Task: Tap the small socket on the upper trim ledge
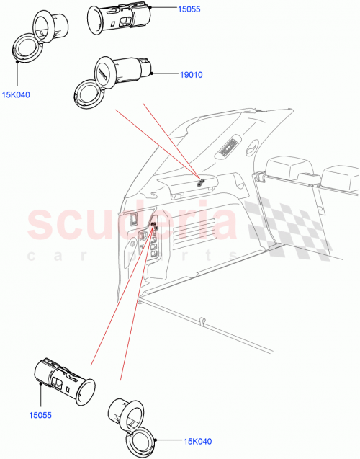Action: [201, 182]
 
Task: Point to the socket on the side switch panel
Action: [153, 228]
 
